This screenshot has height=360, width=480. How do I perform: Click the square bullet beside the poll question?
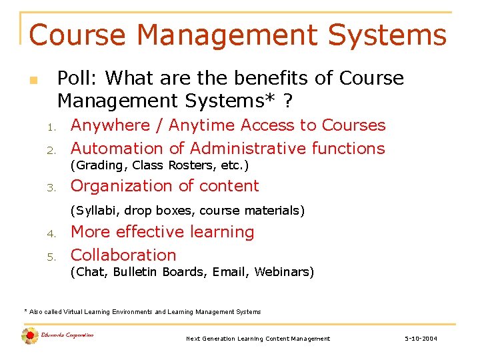(x=33, y=81)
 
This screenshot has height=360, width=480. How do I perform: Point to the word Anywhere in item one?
(x=106, y=125)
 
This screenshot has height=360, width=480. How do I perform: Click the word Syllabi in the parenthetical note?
(x=93, y=211)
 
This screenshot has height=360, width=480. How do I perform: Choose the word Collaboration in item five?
(x=123, y=255)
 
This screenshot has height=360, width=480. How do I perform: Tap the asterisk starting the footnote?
(x=25, y=311)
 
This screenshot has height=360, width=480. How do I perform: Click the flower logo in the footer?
(x=29, y=336)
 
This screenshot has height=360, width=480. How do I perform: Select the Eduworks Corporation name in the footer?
(x=67, y=335)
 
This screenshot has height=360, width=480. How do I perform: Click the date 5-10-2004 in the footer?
(x=421, y=339)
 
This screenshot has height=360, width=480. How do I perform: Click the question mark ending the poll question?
(x=287, y=101)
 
